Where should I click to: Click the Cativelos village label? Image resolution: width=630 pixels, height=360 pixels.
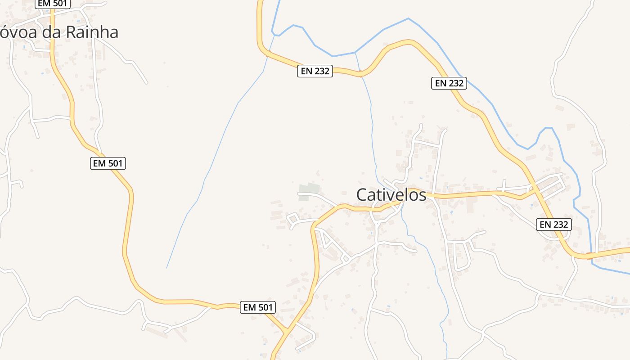click(x=391, y=195)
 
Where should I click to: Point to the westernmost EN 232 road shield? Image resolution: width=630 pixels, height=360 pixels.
click(x=315, y=71)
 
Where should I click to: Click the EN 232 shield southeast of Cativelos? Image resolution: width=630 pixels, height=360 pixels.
click(x=553, y=224)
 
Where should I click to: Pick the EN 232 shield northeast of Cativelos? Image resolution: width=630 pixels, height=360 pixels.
click(x=449, y=83)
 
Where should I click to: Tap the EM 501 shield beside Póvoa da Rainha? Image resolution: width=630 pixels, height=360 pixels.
click(x=53, y=4)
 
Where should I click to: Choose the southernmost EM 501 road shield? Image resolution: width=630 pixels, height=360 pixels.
click(x=257, y=307)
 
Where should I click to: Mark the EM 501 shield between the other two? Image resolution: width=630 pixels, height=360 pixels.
click(x=108, y=163)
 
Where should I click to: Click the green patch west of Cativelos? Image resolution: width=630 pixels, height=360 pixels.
click(x=309, y=189)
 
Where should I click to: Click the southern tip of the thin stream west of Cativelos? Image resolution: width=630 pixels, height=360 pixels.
click(x=166, y=268)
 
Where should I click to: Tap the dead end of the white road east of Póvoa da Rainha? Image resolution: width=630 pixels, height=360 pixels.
click(x=146, y=83)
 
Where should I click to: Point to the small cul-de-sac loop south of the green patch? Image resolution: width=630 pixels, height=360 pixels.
click(x=293, y=220)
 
